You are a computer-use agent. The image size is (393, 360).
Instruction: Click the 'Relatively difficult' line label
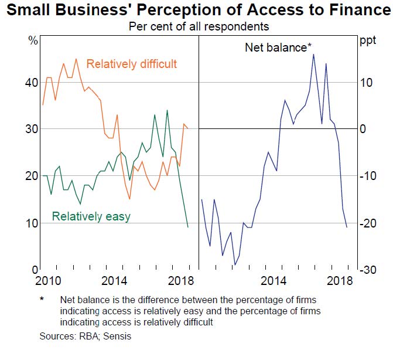point(132,64)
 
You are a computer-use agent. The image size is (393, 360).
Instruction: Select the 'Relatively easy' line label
point(91,216)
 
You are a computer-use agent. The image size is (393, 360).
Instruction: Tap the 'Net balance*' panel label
point(278,47)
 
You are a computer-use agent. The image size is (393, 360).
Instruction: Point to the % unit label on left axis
point(33,40)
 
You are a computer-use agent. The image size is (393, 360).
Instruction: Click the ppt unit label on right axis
point(368,40)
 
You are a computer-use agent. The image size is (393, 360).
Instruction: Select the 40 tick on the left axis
point(32,83)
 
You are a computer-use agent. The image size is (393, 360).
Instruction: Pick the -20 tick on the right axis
point(368,223)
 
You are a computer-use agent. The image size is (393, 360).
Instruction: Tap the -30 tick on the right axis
point(368,270)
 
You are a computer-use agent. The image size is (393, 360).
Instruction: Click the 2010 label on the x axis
point(48,281)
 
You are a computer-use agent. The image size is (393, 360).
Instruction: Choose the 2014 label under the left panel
point(114,281)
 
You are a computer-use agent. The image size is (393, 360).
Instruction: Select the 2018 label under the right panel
point(340,281)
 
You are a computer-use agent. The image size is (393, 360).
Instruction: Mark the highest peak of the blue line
point(313,54)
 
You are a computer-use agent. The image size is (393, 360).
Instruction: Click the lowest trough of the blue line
point(235,265)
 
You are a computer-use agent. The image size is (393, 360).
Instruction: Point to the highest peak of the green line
point(167,110)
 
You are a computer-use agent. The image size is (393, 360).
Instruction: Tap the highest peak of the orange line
point(76,59)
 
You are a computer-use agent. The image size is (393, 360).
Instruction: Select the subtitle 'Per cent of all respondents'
point(199,26)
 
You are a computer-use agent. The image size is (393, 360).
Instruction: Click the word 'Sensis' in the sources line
point(117,336)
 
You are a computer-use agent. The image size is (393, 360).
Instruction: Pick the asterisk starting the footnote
point(42,298)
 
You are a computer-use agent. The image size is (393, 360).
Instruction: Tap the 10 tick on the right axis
point(366,83)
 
